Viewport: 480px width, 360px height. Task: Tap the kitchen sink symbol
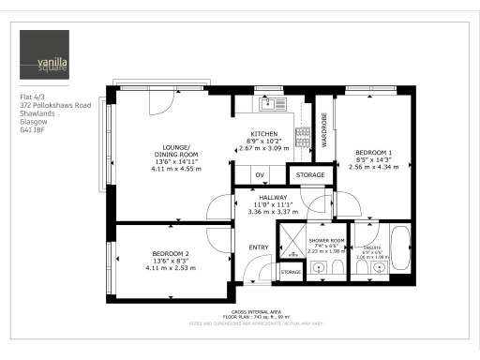coord(268,103)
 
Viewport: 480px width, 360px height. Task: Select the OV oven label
coord(261,175)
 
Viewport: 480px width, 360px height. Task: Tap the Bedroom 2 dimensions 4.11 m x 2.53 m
coord(172,267)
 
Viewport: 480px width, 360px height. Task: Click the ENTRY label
coord(257,247)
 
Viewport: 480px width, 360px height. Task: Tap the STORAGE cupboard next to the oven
coord(310,175)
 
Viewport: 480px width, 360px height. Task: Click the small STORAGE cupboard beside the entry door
coord(292,272)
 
